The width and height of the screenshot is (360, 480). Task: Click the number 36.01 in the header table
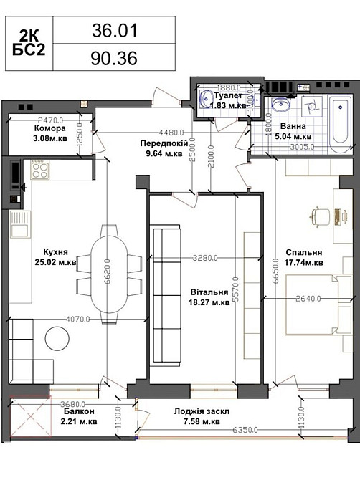coord(115,31)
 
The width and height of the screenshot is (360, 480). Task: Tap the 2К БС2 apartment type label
coord(29,44)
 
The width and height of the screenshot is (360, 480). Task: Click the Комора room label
coord(50,128)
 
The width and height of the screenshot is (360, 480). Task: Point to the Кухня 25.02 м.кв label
coord(56,257)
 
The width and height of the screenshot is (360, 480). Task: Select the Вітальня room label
coord(209,292)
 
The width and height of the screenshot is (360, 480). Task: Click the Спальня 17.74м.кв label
coord(304,257)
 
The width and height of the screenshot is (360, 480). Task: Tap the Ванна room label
coord(293,126)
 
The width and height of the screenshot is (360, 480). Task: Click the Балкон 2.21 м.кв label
coord(79,416)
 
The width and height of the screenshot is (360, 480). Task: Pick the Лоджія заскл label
coord(202,411)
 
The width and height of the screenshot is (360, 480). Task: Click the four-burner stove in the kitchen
coord(39,168)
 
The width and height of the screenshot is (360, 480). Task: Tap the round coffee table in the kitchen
coord(57,339)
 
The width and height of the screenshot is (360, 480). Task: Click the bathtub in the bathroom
coord(340,125)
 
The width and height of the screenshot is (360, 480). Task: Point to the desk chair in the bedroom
coord(321,217)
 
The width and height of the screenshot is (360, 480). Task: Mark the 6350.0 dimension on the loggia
coord(245,429)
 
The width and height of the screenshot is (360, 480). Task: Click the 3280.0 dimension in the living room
coord(205,258)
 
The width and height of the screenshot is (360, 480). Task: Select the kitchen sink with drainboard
coord(21,224)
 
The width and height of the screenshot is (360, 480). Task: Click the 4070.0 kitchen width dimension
coord(78,319)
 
